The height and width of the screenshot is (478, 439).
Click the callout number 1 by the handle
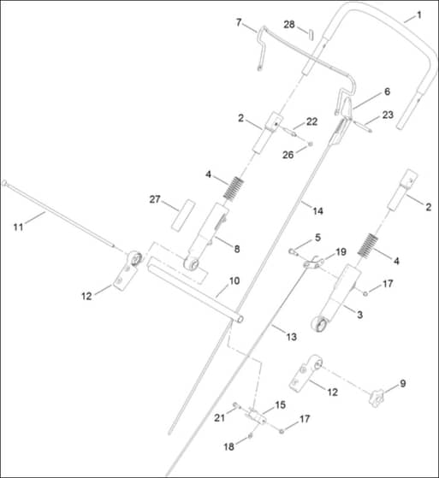point(419,15)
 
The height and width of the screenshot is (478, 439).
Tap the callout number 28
point(289,25)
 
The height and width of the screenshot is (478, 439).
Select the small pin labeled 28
point(311,34)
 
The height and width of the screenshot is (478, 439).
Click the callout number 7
point(239,22)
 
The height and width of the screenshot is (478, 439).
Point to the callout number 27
point(155,199)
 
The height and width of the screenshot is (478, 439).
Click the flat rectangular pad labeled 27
point(183,215)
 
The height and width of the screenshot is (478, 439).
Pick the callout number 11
point(18,227)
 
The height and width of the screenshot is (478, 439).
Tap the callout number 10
point(234,280)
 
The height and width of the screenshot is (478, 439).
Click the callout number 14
point(317,210)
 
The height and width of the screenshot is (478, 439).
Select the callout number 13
point(291,337)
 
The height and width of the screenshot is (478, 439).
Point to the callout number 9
point(403,383)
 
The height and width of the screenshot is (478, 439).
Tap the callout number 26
point(288,155)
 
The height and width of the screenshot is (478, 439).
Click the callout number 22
point(311,121)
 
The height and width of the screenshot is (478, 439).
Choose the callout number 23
point(388,115)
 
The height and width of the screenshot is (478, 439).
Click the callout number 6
point(387,91)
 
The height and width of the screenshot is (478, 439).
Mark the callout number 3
point(360,315)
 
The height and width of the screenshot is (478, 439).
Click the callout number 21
point(219,418)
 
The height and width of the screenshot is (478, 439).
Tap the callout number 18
point(229,446)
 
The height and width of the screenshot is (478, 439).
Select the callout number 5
point(317,238)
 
